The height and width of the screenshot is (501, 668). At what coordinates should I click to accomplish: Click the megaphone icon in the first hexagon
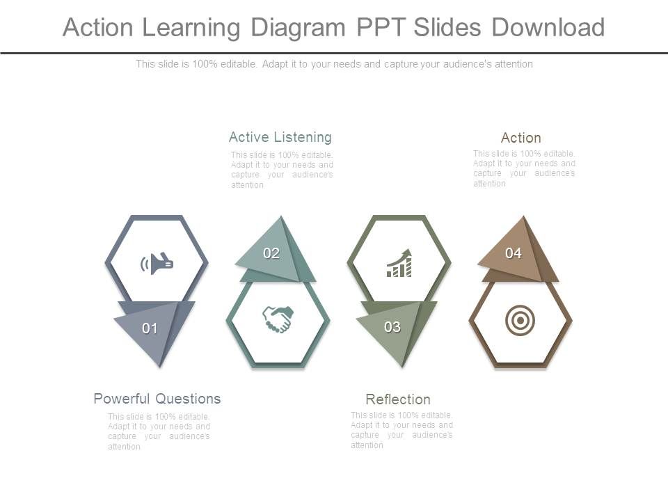(x=157, y=264)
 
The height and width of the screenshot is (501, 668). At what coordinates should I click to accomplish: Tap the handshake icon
(x=278, y=319)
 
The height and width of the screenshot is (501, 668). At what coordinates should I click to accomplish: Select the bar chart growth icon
(x=399, y=264)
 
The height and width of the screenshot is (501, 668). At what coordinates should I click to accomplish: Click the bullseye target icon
(x=520, y=321)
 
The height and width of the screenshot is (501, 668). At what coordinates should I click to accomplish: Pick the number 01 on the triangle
(x=150, y=328)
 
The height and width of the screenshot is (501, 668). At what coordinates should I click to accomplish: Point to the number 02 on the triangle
(x=271, y=253)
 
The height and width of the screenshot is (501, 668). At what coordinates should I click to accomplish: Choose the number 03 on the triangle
(x=392, y=327)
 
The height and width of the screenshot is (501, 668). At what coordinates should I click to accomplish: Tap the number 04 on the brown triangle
(x=514, y=253)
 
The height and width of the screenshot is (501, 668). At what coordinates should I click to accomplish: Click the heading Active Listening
(x=280, y=137)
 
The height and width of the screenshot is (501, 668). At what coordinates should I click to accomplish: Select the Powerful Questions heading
(x=157, y=399)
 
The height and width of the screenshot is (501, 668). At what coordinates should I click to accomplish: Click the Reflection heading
(x=398, y=399)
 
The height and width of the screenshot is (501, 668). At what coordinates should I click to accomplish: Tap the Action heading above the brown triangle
(x=521, y=138)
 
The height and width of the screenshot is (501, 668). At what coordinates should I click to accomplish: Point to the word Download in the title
(x=548, y=28)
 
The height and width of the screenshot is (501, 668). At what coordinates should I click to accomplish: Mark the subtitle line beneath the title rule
(x=334, y=64)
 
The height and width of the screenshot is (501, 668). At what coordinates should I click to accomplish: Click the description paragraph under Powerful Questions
(x=159, y=431)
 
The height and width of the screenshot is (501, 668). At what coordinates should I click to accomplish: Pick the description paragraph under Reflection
(x=401, y=430)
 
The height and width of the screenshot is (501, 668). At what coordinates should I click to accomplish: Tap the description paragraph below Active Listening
(x=282, y=170)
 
